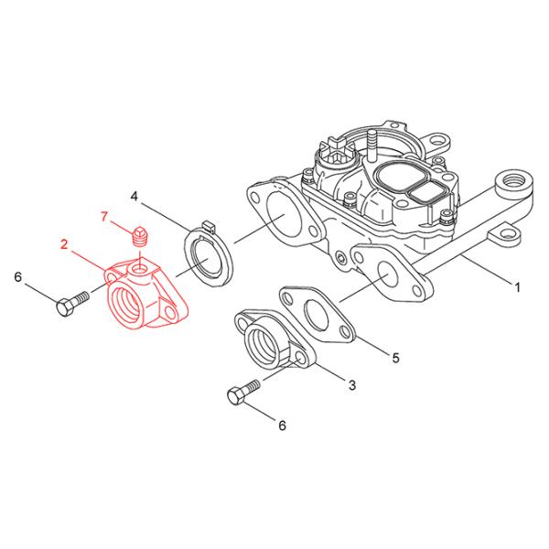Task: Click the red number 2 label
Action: [64, 243]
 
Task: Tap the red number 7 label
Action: [104, 216]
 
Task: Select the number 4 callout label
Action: [134, 197]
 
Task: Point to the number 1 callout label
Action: [517, 286]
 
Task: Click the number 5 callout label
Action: [395, 358]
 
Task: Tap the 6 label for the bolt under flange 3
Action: [282, 425]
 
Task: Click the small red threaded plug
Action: [140, 237]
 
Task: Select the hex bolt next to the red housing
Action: [71, 304]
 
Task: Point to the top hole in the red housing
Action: [137, 269]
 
